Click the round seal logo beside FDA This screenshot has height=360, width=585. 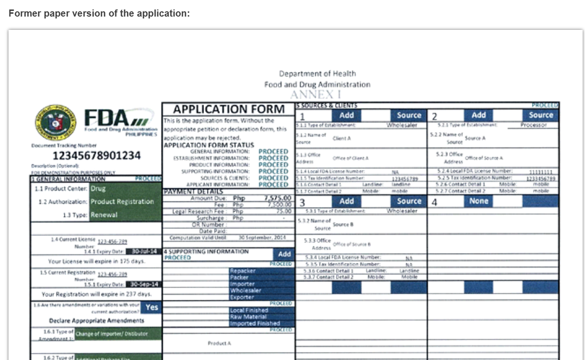point(55,122)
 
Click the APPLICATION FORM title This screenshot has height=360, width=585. point(229,109)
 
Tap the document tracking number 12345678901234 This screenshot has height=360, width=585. point(96,156)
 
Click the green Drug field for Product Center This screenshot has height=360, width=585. point(125,189)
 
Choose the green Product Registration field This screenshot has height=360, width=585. point(125,201)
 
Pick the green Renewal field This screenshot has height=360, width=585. point(125,215)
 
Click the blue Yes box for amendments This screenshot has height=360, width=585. point(151,307)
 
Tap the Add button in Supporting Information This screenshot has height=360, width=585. point(284,254)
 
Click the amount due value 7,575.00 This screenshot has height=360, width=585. point(277,198)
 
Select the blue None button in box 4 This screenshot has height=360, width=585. point(479,201)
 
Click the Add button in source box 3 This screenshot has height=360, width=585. point(346,201)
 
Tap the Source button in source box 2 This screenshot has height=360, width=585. point(541,115)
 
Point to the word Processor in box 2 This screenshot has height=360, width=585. point(533,125)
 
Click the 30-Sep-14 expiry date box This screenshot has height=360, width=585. point(144,284)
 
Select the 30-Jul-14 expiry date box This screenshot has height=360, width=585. point(144,252)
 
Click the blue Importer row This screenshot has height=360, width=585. point(261,284)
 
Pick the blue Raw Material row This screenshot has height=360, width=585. point(261,317)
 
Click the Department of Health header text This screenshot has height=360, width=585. point(317,73)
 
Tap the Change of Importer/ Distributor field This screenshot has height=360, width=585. point(118,333)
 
